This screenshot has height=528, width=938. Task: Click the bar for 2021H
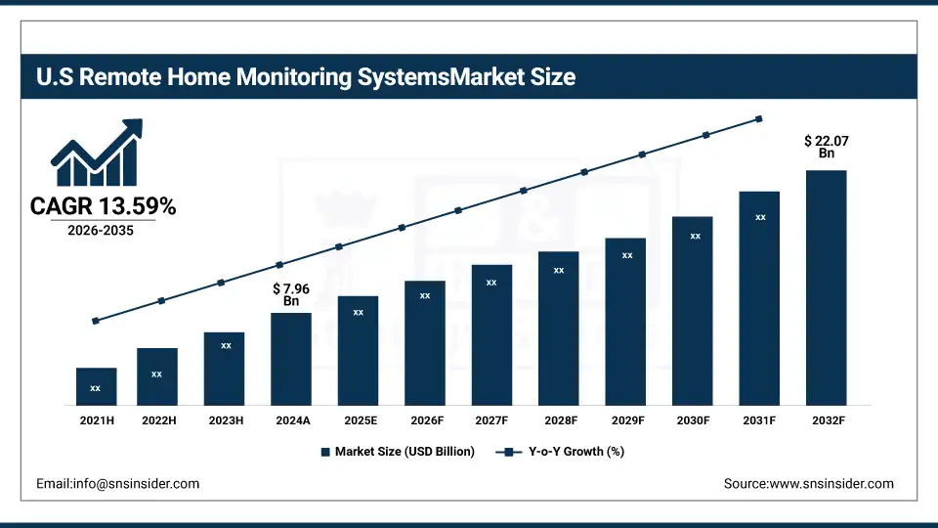click(x=96, y=386)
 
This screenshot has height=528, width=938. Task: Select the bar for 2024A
click(x=291, y=359)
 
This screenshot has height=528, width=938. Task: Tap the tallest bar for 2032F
click(x=827, y=287)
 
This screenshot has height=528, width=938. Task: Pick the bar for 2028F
click(x=559, y=328)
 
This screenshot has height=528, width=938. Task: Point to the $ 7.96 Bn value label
click(x=291, y=294)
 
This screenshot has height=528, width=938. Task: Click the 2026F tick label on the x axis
click(x=425, y=419)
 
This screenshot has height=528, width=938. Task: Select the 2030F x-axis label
click(x=693, y=419)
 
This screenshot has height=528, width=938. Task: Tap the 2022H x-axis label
click(x=157, y=419)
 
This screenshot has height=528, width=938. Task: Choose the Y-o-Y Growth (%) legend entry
click(x=561, y=452)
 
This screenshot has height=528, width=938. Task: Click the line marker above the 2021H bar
click(x=96, y=321)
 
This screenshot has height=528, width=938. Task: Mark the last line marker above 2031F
click(x=759, y=119)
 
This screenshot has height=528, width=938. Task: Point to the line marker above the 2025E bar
click(x=339, y=246)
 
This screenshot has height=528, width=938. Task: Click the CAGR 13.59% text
click(x=103, y=206)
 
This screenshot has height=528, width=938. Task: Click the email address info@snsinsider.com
click(x=117, y=484)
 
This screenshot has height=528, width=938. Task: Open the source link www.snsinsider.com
click(x=808, y=484)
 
